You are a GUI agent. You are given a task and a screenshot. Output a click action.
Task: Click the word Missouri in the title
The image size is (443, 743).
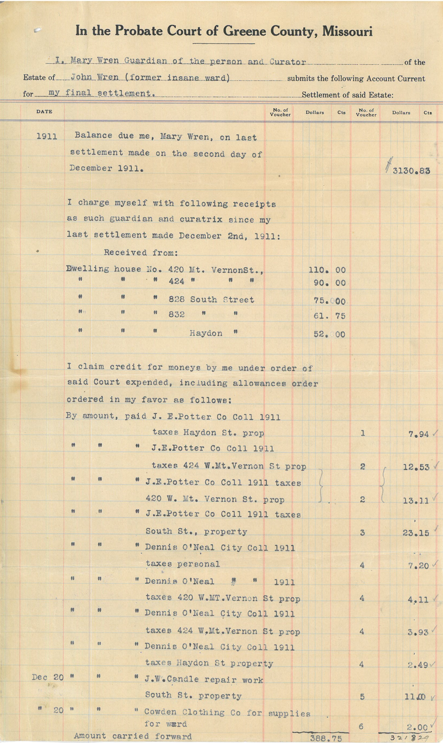(x=347, y=31)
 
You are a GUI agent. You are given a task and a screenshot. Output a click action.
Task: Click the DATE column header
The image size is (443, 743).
(x=44, y=112)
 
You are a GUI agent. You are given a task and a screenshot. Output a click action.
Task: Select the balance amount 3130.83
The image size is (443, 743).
(x=411, y=171)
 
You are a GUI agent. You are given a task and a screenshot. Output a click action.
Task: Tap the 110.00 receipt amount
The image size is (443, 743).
(x=327, y=270)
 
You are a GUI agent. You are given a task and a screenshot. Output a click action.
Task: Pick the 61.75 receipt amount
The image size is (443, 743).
(x=329, y=316)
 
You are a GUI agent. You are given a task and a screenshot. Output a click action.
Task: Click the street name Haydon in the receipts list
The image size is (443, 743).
(x=206, y=333)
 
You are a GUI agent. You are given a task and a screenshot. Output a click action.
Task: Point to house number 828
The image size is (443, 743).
(x=176, y=299)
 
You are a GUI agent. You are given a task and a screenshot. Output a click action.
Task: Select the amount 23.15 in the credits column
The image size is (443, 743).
(x=416, y=533)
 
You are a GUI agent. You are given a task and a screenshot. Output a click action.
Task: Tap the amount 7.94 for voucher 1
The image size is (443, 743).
(x=418, y=434)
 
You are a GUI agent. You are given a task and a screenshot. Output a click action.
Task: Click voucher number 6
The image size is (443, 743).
(x=361, y=726)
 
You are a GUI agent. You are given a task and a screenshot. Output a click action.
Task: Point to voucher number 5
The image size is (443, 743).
(x=362, y=697)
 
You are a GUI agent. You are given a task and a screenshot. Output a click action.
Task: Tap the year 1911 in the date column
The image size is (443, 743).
(x=47, y=136)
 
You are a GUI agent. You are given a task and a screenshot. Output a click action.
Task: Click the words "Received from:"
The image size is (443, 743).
(x=141, y=253)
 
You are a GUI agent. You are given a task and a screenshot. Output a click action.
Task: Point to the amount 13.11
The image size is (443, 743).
(x=416, y=501)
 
